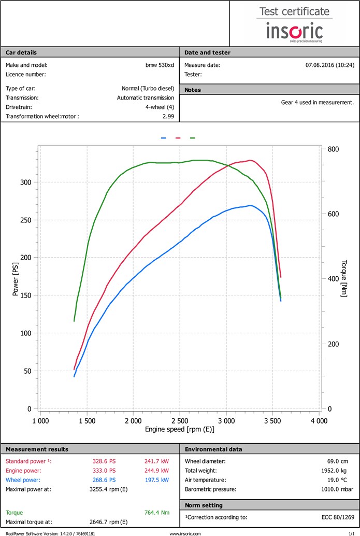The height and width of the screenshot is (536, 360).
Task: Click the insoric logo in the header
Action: click(294, 32)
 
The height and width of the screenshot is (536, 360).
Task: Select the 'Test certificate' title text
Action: click(294, 11)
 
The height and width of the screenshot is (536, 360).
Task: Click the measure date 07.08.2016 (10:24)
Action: click(330, 65)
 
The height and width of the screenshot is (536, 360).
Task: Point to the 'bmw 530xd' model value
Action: click(160, 65)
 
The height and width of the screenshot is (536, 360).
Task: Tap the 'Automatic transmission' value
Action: click(146, 97)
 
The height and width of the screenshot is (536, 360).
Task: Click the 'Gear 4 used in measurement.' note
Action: click(318, 102)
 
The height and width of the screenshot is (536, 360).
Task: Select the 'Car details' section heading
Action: click(21, 52)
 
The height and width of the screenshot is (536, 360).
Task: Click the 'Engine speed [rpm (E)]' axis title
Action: click(180, 430)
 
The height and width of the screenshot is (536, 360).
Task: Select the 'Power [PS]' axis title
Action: click(16, 279)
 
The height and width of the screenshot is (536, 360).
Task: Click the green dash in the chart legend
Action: click(193, 138)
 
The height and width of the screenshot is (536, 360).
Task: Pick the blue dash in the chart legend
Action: click(164, 138)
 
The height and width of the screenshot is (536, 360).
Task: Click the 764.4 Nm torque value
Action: click(156, 513)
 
